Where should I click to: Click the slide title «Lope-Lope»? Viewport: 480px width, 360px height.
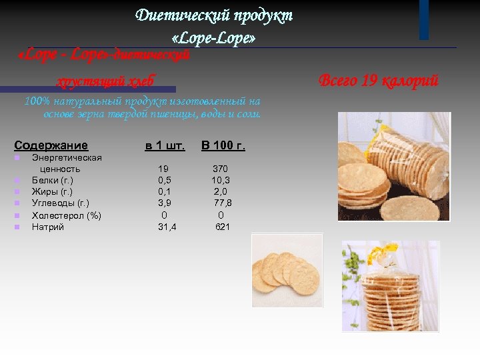pyautogui.click(x=213, y=39)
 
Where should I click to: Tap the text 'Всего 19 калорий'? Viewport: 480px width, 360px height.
pyautogui.click(x=378, y=81)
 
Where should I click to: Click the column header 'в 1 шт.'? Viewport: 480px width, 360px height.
pyautogui.click(x=165, y=145)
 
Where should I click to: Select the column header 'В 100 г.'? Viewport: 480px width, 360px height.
pyautogui.click(x=223, y=145)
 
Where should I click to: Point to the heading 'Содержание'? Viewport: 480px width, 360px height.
pyautogui.click(x=51, y=145)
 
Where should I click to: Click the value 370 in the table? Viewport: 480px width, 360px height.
pyautogui.click(x=220, y=169)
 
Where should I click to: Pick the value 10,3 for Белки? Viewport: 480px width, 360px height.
pyautogui.click(x=221, y=180)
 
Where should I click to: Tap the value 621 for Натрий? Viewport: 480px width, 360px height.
pyautogui.click(x=223, y=227)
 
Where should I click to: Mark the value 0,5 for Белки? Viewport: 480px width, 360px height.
pyautogui.click(x=164, y=180)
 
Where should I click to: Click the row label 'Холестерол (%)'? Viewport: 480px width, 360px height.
pyautogui.click(x=67, y=215)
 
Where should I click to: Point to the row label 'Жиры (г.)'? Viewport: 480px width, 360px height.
pyautogui.click(x=52, y=192)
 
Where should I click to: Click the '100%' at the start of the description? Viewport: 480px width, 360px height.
pyautogui.click(x=35, y=101)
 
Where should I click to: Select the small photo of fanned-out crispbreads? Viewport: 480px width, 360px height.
pyautogui.click(x=287, y=269)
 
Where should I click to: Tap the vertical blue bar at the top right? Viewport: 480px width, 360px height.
pyautogui.click(x=424, y=19)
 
